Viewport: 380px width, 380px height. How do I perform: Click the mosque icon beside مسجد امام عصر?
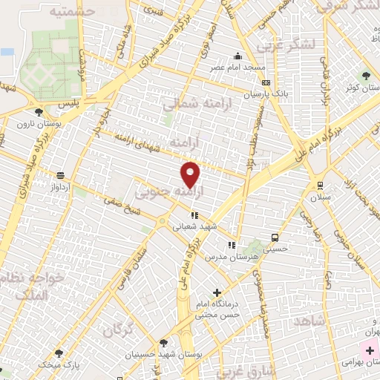point(237,55)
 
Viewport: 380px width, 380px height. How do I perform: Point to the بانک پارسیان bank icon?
point(266,82)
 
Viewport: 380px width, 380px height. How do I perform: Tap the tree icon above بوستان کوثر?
point(365,75)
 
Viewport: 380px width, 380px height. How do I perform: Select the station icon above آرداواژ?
point(59,176)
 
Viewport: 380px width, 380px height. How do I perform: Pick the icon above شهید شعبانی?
point(194,215)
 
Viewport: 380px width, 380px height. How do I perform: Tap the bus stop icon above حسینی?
point(275,238)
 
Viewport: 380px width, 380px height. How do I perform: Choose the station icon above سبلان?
point(319,186)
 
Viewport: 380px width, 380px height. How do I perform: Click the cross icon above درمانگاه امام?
point(217,293)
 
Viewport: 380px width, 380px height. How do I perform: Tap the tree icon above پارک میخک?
point(59,353)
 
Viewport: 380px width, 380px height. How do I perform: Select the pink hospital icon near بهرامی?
point(370,350)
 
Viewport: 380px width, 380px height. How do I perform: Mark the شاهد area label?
point(310,321)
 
